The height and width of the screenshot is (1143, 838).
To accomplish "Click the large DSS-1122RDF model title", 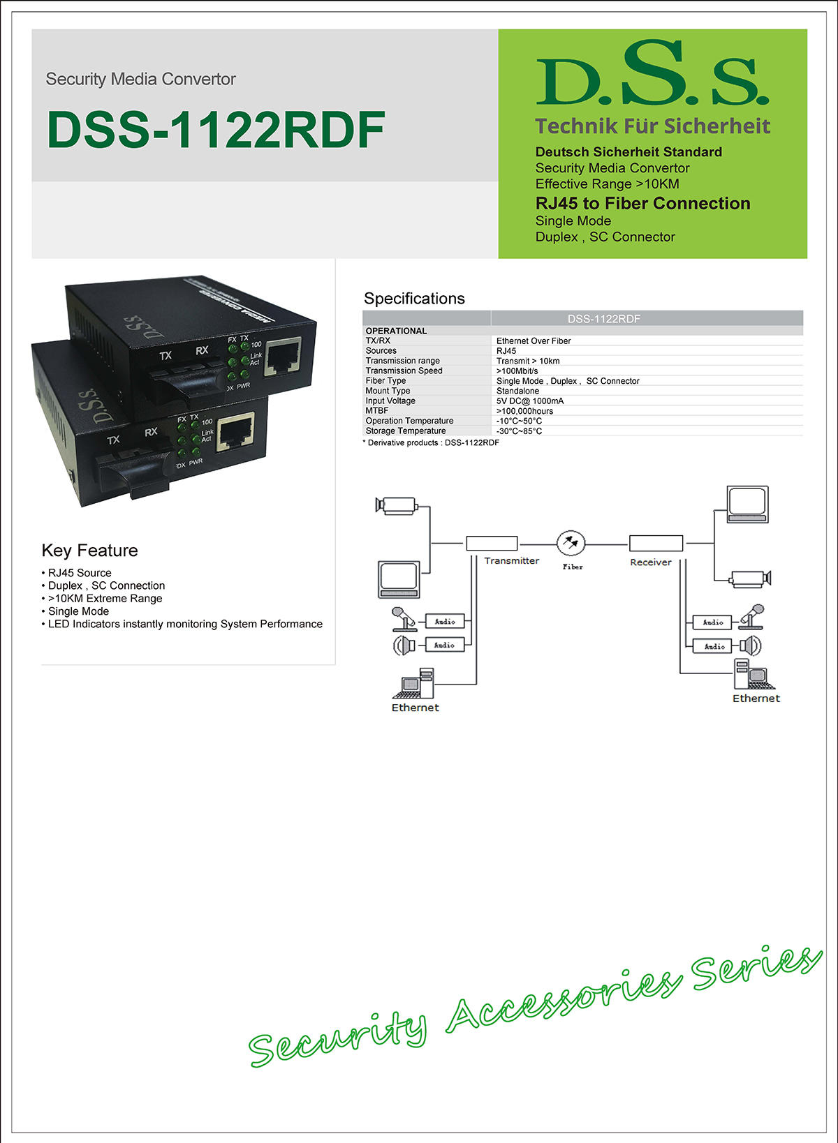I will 216,130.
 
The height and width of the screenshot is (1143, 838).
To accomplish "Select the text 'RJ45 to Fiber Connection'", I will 642,204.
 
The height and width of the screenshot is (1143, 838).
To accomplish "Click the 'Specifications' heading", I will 414,299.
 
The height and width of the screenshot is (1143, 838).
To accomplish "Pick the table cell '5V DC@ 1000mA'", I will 529,401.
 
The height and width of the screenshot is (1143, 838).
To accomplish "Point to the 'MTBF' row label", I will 376,411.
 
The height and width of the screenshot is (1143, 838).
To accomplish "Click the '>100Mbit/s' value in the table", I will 517,371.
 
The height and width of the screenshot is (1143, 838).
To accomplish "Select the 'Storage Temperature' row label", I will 405,431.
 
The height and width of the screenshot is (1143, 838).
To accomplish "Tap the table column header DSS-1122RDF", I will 603,319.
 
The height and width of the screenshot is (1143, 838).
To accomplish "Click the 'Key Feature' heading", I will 89,551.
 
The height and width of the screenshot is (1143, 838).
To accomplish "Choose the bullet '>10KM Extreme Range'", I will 105,599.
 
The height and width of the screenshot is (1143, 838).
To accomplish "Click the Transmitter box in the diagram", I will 492,544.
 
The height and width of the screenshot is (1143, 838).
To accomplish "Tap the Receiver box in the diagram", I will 656,544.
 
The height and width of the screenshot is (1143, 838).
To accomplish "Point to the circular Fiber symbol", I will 571,542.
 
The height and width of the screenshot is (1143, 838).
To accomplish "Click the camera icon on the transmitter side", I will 397,505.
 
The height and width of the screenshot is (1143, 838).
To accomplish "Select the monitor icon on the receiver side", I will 747,504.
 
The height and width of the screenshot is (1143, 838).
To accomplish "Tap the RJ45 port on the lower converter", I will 235,431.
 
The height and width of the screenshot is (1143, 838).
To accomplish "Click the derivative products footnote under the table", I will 431,443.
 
